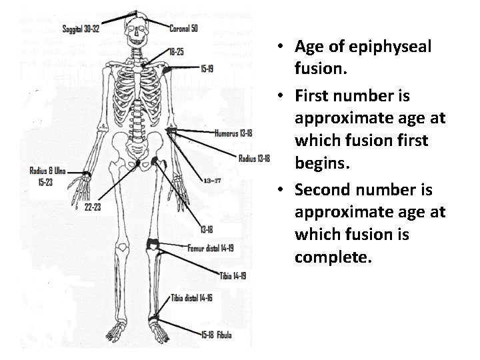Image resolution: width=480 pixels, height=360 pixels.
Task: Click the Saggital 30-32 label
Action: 81,29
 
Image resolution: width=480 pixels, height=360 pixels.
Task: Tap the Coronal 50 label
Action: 183,28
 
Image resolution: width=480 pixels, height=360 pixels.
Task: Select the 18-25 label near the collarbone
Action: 177,51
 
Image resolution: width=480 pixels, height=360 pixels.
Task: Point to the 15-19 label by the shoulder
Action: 207,68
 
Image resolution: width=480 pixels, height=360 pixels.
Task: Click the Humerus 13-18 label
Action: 233,133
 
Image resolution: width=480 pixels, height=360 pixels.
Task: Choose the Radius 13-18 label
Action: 254,158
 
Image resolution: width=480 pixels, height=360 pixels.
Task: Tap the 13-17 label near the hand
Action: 213,180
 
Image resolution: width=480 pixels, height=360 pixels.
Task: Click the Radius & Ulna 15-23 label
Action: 47,176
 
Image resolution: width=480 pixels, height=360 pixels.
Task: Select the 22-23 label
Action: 93,207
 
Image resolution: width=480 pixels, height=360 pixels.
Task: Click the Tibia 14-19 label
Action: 233,275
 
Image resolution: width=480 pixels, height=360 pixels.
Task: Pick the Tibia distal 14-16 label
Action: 191,298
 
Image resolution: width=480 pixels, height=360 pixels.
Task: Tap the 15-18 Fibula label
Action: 216,335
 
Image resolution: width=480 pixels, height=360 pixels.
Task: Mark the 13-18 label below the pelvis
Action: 207,229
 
